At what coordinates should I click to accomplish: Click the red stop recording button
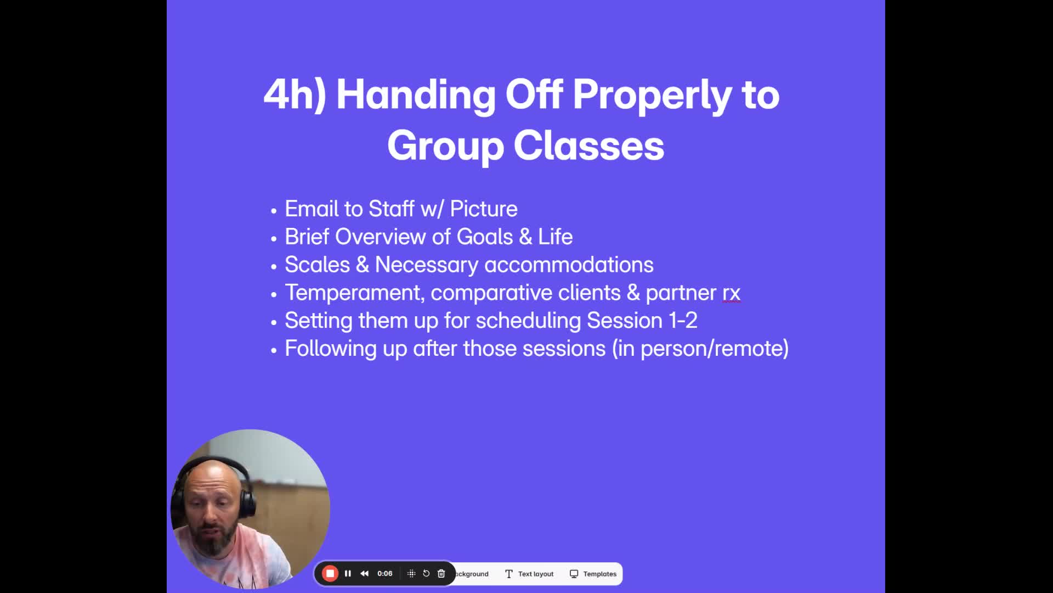330,574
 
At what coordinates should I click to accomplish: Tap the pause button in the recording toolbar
348,574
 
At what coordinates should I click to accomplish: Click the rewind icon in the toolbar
365,574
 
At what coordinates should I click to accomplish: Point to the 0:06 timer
385,574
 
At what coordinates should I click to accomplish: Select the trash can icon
441,574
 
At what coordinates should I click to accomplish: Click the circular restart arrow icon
426,574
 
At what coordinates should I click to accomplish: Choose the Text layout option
529,574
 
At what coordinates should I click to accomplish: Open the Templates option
593,574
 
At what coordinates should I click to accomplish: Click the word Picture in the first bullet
484,209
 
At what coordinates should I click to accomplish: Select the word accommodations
569,265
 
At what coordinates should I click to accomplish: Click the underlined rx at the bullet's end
732,293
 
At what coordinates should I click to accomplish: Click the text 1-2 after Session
683,321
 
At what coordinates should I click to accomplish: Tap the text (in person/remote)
701,349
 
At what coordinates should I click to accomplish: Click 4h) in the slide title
295,94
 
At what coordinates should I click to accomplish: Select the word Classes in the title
589,146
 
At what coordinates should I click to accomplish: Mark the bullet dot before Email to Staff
274,210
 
